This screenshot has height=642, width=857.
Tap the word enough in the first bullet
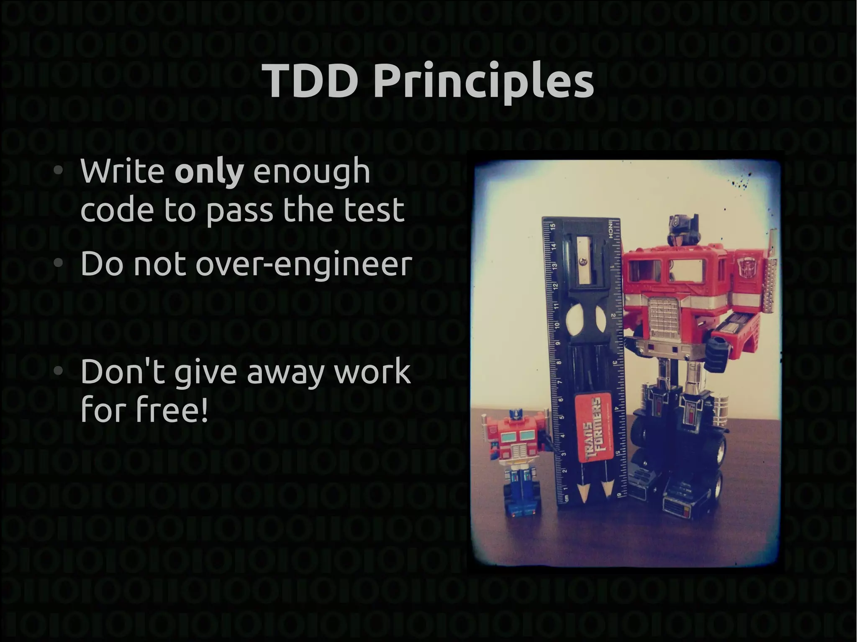tap(312, 171)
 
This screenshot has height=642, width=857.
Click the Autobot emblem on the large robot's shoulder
tap(747, 266)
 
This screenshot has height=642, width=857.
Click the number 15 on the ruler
tap(552, 226)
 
